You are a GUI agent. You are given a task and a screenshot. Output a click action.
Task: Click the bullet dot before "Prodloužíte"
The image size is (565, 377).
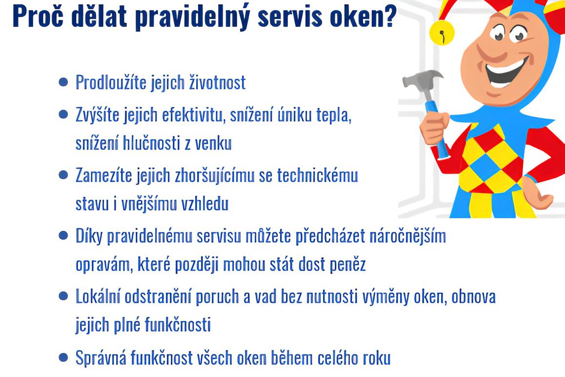[62, 82]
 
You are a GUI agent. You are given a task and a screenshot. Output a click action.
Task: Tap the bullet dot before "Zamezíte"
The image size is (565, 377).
[62, 175]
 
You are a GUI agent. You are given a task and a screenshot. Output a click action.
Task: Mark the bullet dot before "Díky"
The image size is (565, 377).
[62, 236]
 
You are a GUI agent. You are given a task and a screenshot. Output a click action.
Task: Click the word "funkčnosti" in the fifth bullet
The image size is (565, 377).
[178, 325]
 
